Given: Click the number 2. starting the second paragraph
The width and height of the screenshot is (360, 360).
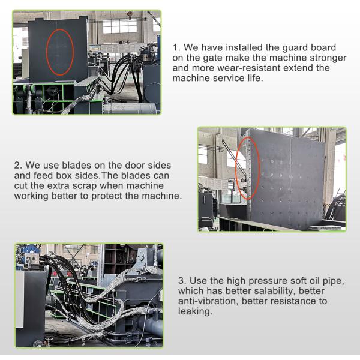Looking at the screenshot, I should point(17,164).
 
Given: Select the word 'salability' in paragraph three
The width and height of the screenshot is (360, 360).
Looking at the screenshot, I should point(272,290).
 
